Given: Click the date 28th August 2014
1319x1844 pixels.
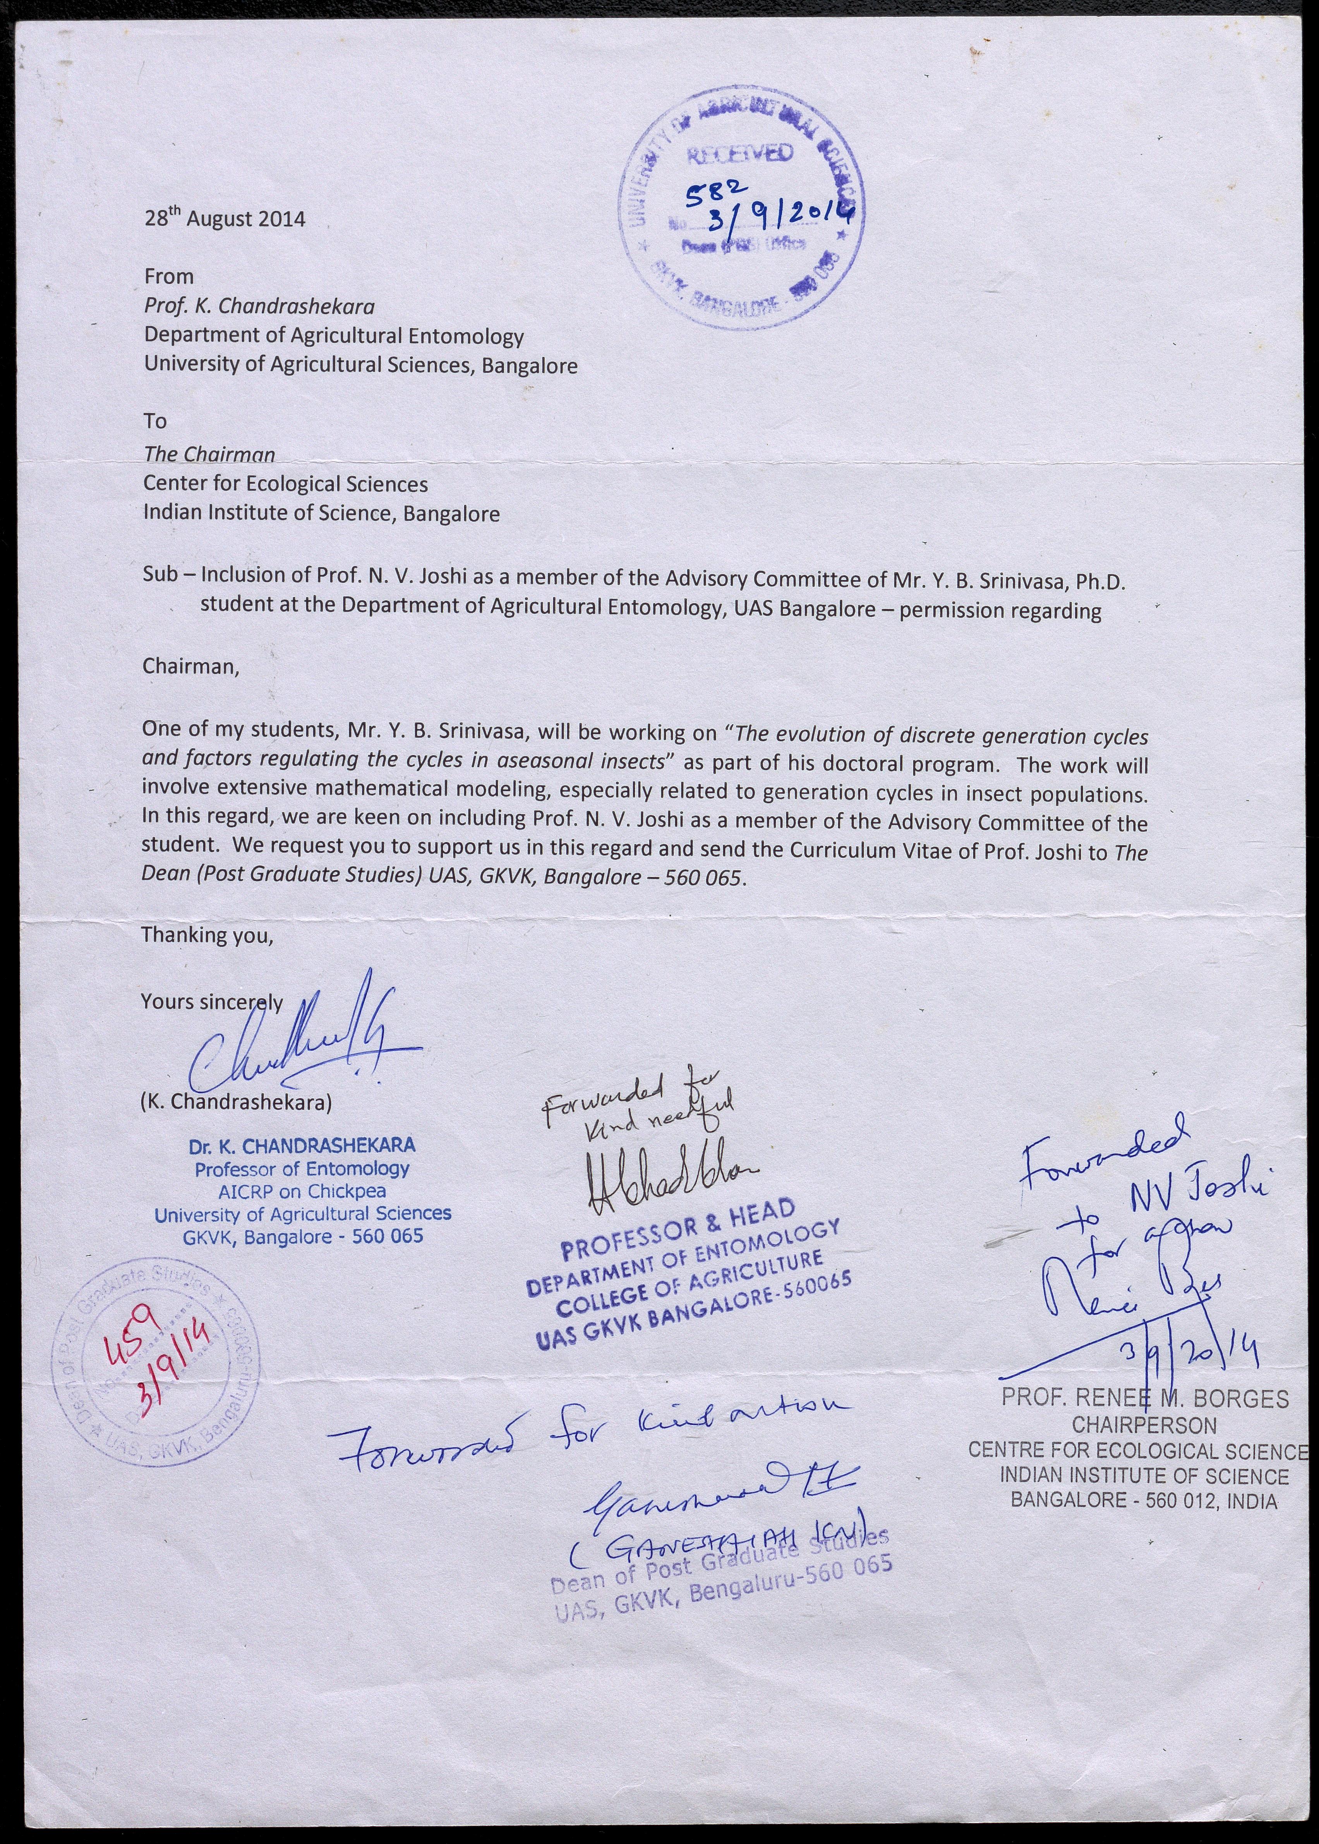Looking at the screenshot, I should [224, 218].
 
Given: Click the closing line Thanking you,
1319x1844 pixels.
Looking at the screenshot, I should [207, 935].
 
